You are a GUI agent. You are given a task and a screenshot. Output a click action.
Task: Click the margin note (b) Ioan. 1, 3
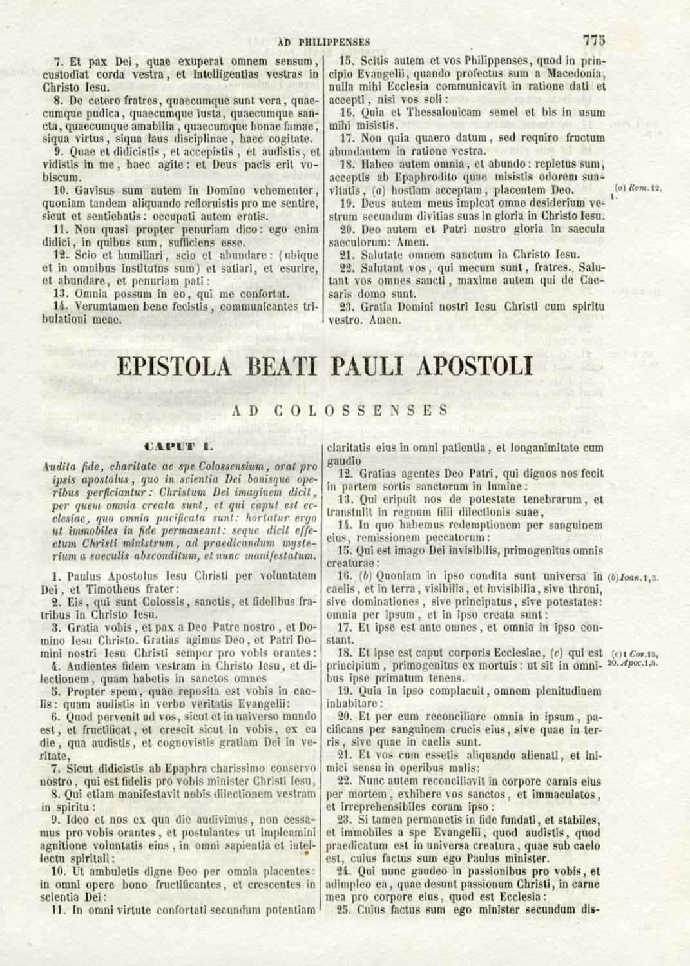[633, 577]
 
